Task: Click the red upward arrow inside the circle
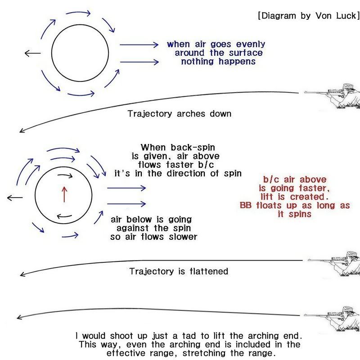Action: tap(64, 194)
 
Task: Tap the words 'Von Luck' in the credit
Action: tap(336, 16)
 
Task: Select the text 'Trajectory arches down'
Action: tap(180, 114)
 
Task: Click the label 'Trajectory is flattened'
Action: tap(179, 271)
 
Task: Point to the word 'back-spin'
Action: tap(193, 148)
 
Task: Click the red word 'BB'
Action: tap(246, 205)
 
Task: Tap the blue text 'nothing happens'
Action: tap(218, 62)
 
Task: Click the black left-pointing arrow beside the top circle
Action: tap(32, 53)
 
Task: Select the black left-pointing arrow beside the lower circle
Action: tap(15, 198)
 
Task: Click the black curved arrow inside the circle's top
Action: tap(65, 175)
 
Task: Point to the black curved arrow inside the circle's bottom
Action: tap(64, 216)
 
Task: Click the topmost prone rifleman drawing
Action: tap(332, 96)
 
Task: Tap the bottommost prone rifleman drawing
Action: tap(332, 319)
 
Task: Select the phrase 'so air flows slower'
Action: tap(153, 237)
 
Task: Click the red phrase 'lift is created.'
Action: tap(295, 197)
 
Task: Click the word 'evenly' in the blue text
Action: tap(251, 44)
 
